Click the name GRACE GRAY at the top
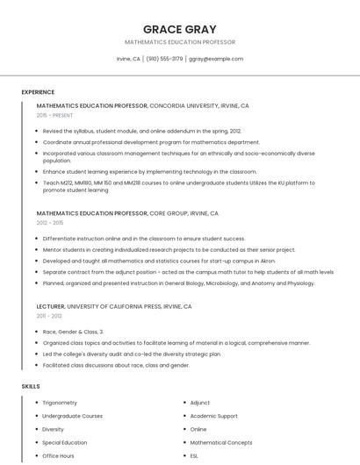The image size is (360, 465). (x=180, y=29)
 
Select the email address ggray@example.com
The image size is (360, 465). (x=215, y=59)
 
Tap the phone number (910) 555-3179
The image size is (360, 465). (x=164, y=59)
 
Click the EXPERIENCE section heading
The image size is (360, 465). (x=38, y=92)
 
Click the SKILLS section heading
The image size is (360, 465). (x=30, y=386)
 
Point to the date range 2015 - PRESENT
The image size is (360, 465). (x=54, y=115)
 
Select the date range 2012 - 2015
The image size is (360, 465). (x=50, y=223)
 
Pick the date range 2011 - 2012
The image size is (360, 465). (x=49, y=316)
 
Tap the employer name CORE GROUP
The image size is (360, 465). (x=169, y=213)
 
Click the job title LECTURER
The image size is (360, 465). (x=50, y=306)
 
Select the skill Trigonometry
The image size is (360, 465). (x=60, y=403)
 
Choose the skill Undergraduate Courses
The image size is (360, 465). (x=72, y=416)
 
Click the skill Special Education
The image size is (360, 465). (x=65, y=443)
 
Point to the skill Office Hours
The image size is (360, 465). (x=59, y=456)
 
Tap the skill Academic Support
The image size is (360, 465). (x=213, y=416)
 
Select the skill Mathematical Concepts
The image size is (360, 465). (x=220, y=443)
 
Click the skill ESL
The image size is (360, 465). (x=194, y=456)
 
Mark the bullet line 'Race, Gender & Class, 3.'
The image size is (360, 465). (x=73, y=332)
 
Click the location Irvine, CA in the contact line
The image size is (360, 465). (x=128, y=59)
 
